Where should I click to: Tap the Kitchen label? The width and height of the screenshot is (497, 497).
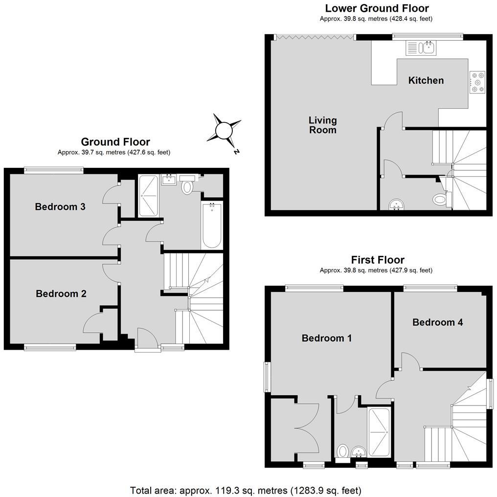click(426, 80)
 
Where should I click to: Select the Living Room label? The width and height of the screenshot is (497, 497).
click(322, 125)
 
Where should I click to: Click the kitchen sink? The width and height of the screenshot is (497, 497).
click(421, 47)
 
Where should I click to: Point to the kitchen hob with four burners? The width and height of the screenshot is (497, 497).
click(477, 83)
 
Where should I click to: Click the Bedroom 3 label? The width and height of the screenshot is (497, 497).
click(60, 207)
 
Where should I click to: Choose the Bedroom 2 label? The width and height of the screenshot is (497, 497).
click(61, 294)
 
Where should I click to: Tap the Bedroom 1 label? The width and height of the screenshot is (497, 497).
click(326, 338)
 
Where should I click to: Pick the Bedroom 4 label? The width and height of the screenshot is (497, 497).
click(437, 322)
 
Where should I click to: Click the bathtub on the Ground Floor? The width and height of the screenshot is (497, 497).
click(212, 226)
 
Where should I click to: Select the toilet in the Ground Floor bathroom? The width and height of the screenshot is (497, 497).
click(187, 186)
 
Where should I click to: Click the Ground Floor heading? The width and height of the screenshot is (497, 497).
click(115, 142)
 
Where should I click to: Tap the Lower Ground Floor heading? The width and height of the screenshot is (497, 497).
click(377, 8)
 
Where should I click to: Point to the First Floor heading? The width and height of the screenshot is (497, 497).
click(377, 260)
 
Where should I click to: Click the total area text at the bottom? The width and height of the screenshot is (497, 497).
click(246, 490)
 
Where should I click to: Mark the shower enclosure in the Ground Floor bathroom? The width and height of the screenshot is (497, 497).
click(149, 196)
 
